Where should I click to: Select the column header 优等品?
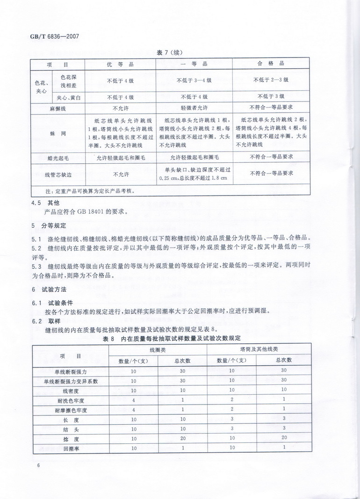(120, 64)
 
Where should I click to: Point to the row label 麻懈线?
(58, 108)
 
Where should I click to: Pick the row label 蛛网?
(58, 133)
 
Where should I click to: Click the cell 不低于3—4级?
(194, 80)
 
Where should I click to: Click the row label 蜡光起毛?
(58, 158)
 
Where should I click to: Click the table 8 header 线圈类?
(158, 349)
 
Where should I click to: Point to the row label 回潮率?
(71, 448)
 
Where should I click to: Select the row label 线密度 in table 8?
(71, 390)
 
